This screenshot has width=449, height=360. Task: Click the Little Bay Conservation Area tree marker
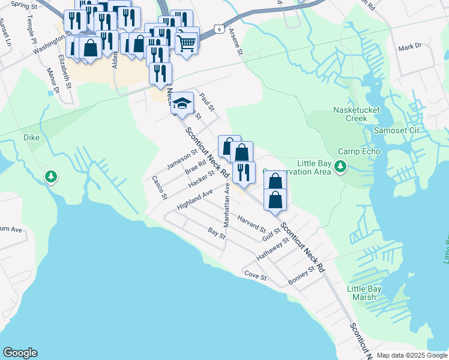pyautogui.click(x=340, y=166)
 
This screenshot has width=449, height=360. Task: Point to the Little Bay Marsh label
pyautogui.click(x=364, y=293)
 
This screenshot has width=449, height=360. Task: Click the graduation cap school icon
pyautogui.click(x=181, y=104)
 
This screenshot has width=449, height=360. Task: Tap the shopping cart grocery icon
pyautogui.click(x=187, y=43)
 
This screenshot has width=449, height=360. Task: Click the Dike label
pyautogui.click(x=31, y=138)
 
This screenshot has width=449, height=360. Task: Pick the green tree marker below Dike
pyautogui.click(x=52, y=176)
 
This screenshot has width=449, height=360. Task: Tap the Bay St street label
pyautogui.click(x=216, y=232)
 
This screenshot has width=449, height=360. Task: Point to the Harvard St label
pyautogui.click(x=252, y=223)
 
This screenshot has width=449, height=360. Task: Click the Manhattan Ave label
pyautogui.click(x=227, y=204)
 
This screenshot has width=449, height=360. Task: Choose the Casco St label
pyautogui.click(x=158, y=187)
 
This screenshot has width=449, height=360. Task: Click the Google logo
pyautogui.click(x=20, y=353)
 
